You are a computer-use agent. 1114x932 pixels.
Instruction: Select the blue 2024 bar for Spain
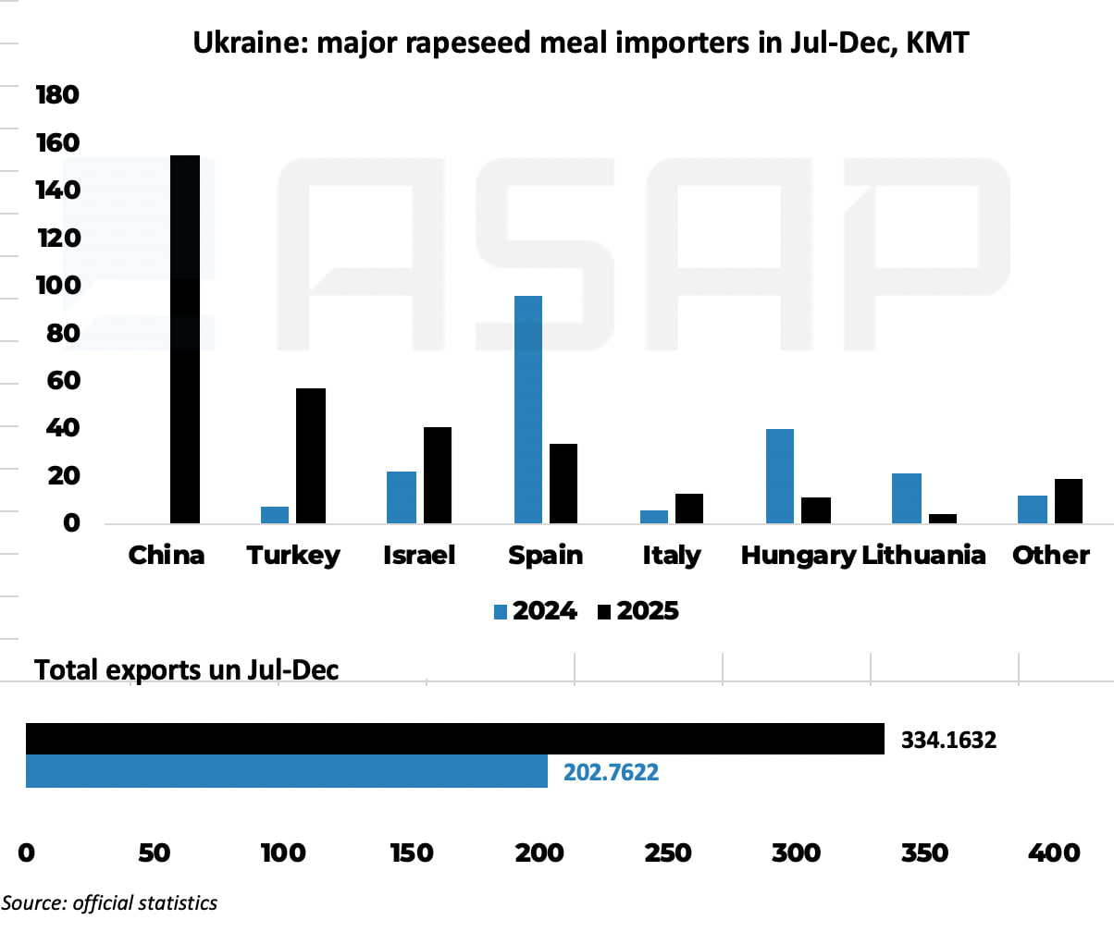point(527,410)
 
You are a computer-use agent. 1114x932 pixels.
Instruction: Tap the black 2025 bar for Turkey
point(311,456)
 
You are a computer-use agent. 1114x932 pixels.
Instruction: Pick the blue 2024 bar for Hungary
point(780,476)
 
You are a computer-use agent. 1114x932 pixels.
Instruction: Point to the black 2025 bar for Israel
point(437,475)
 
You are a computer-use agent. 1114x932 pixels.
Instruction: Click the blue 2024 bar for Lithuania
point(907,498)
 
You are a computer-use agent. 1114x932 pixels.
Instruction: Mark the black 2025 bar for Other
point(1069,501)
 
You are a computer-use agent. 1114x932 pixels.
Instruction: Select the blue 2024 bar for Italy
point(654,517)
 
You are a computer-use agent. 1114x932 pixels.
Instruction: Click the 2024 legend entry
point(537,611)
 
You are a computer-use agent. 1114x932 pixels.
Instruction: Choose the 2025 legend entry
point(638,611)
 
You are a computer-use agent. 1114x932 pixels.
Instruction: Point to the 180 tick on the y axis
point(57,95)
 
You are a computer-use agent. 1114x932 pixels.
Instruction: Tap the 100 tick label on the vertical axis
point(57,287)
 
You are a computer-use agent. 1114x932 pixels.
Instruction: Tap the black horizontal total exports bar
point(454,739)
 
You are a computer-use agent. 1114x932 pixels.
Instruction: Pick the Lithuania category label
point(922,555)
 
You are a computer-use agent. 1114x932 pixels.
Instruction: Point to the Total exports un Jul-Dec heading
point(186,668)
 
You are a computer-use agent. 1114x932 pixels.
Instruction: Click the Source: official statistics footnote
point(109,902)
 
